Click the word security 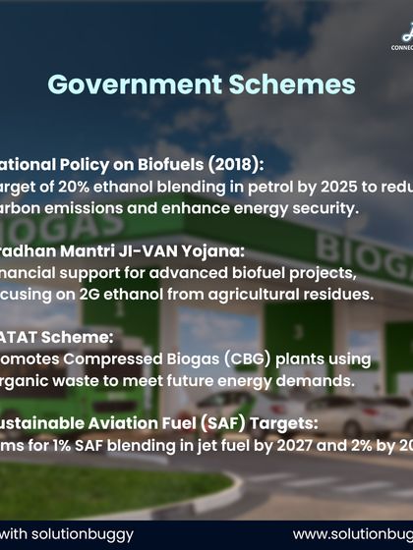(x=299, y=208)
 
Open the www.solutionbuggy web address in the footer (x=352, y=534)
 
